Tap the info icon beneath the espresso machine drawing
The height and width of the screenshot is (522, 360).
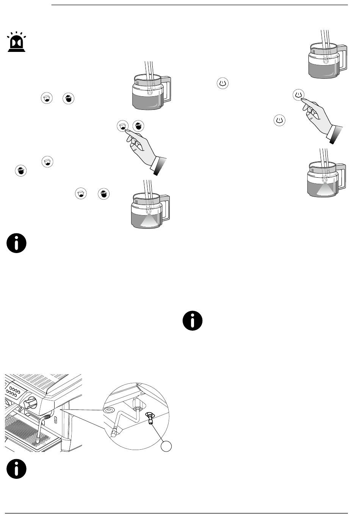point(16,470)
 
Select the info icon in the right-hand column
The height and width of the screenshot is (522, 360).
point(192,321)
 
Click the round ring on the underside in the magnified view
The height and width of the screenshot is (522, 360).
point(109,410)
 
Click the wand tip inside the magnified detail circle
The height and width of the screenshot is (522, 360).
point(114,431)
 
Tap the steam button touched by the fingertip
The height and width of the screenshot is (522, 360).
point(299,94)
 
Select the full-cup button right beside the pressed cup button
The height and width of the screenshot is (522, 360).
point(138,127)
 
